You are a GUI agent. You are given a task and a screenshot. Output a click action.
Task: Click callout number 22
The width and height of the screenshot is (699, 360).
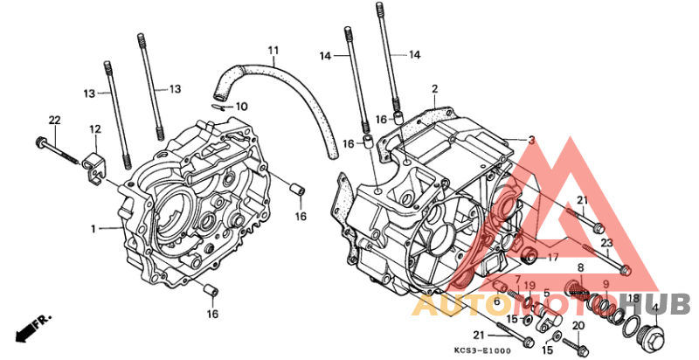[x=53, y=119]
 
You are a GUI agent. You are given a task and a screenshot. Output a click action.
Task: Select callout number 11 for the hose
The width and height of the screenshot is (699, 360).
[x=273, y=50]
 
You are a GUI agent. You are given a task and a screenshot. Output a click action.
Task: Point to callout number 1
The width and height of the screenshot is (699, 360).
[x=92, y=229]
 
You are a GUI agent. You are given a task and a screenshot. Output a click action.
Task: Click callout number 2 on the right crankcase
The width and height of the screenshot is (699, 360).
[x=434, y=89]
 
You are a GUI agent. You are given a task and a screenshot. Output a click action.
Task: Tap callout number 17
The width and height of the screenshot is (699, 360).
[x=552, y=258]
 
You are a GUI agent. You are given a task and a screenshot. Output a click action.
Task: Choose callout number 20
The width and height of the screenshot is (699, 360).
[x=578, y=325]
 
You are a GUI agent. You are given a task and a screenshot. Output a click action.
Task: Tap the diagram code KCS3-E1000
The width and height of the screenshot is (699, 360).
[x=481, y=350]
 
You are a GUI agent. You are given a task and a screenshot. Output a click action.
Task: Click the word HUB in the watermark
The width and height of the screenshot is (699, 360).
[x=662, y=303]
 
